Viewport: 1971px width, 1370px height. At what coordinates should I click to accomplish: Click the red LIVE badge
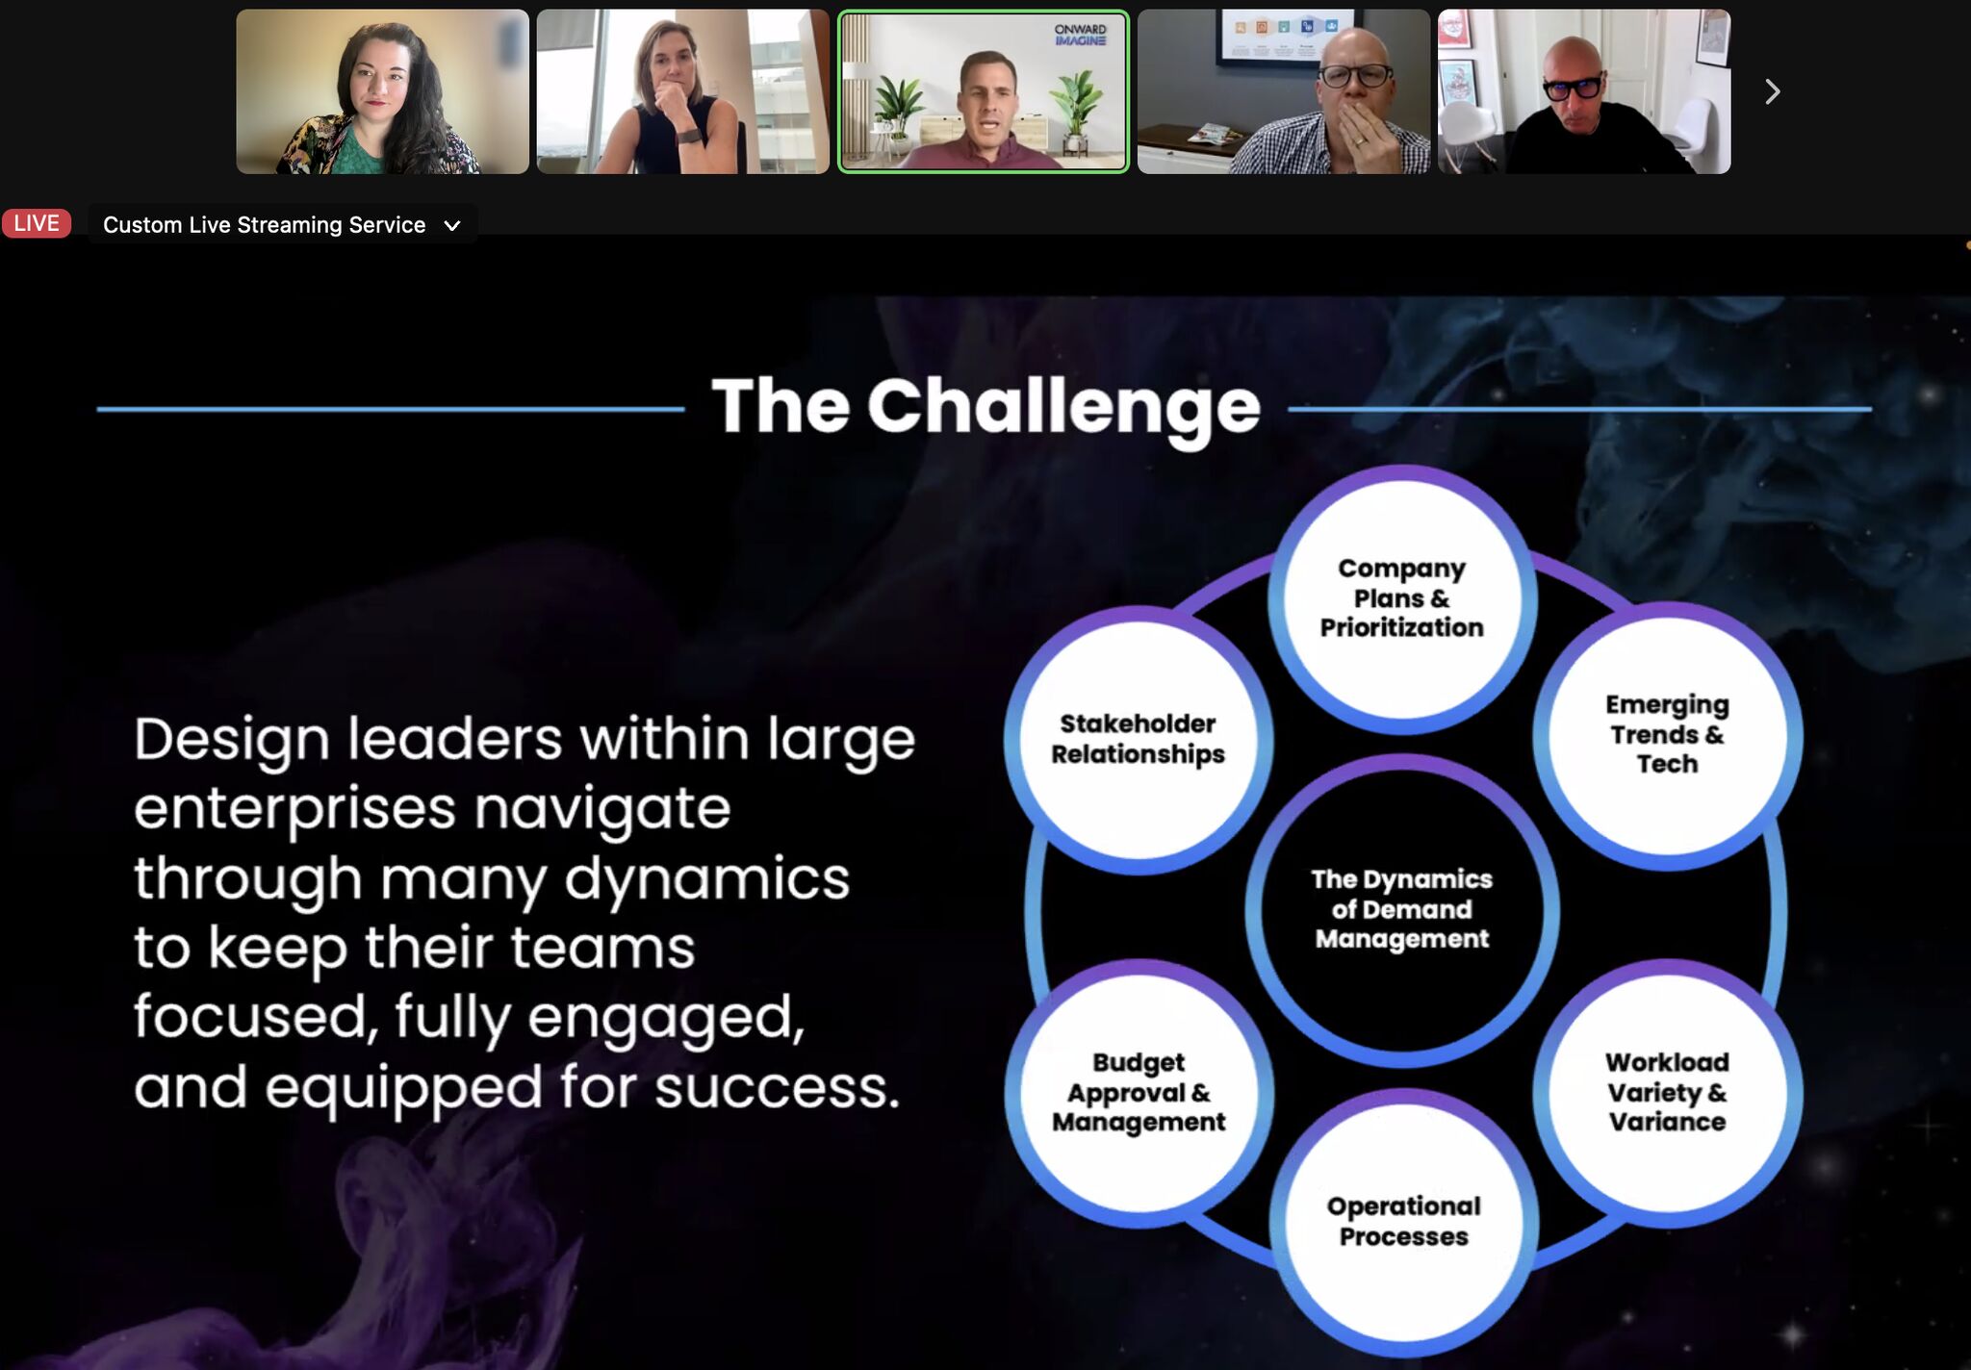coord(37,223)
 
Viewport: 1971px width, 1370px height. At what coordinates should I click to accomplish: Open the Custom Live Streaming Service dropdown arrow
coord(451,226)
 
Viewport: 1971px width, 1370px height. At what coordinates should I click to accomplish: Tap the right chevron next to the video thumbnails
coord(1772,91)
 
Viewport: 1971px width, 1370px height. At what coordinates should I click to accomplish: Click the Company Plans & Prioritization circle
coord(1402,598)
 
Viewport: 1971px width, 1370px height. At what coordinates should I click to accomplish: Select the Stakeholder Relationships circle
coord(1139,740)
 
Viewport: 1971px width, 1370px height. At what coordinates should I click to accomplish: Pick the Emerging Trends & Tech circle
coord(1668,735)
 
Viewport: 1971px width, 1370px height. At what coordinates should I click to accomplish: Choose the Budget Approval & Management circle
coord(1139,1093)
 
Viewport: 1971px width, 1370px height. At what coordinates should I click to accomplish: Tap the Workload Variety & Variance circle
coord(1668,1093)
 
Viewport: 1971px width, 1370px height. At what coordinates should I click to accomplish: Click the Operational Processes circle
coord(1404,1222)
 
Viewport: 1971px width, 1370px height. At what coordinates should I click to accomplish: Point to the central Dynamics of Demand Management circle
coord(1402,909)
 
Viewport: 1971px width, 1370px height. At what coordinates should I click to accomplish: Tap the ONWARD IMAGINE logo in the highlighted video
coord(1080,35)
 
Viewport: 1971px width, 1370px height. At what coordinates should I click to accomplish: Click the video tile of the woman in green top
coord(382,91)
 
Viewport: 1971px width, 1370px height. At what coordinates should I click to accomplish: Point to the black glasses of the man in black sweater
coord(1573,87)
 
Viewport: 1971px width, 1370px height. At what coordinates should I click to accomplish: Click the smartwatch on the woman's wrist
coord(687,135)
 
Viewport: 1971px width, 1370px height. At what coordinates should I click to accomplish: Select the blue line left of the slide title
coord(391,409)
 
